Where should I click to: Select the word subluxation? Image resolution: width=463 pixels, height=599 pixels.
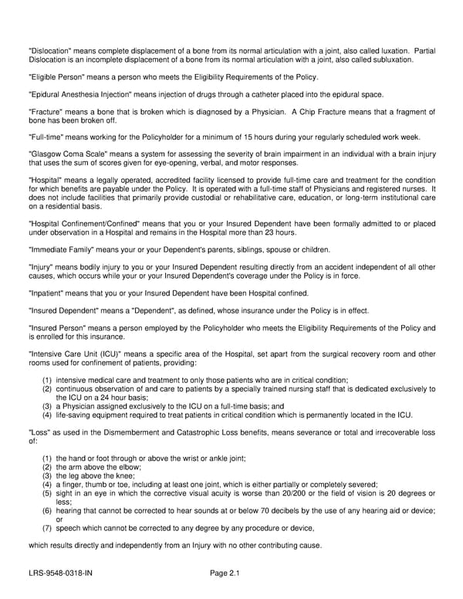(x=386, y=59)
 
